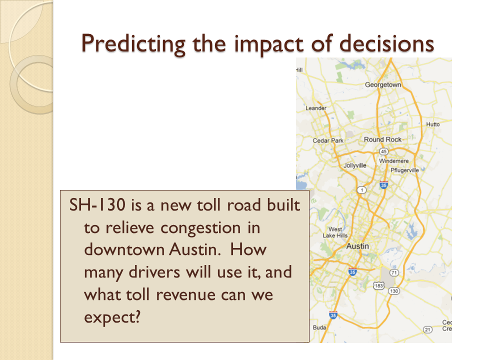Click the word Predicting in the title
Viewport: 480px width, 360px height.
(133, 44)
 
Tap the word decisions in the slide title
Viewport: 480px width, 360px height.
(386, 43)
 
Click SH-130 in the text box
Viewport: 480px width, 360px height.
(97, 204)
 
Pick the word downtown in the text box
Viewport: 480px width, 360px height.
(124, 249)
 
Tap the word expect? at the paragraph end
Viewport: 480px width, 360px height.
(112, 318)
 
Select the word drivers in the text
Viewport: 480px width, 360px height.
(154, 272)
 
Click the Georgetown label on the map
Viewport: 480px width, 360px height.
(383, 85)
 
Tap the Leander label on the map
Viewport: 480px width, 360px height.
(316, 108)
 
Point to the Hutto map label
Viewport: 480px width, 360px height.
(433, 124)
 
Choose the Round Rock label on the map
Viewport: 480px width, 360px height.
(382, 139)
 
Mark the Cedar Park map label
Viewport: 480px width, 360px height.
(328, 140)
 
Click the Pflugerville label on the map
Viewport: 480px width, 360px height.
(404, 170)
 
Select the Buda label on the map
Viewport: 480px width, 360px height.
(319, 327)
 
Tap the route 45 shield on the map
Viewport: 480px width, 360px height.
(383, 151)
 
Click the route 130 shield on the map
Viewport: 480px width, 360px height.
(394, 291)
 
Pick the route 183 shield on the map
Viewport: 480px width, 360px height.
(378, 286)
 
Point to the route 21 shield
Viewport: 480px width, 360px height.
(427, 329)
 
